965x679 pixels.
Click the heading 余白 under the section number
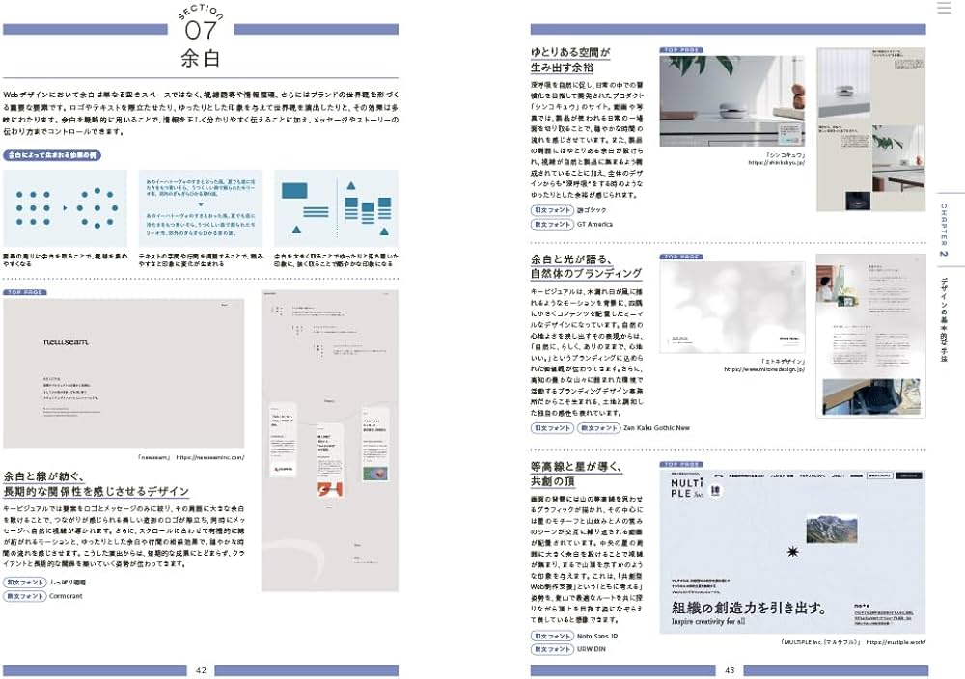[201, 58]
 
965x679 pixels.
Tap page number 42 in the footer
[201, 670]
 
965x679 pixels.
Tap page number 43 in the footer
[730, 670]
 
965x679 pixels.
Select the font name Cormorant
[59, 596]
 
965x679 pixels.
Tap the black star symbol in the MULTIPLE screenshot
[793, 552]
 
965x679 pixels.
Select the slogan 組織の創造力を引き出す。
[748, 609]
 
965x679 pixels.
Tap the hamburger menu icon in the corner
[944, 8]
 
